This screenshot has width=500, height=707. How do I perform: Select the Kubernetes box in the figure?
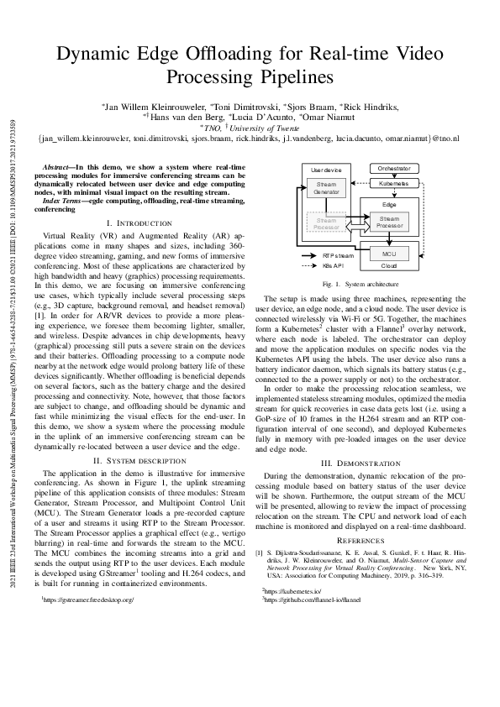[388, 182]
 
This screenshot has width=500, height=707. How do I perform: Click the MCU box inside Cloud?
[388, 253]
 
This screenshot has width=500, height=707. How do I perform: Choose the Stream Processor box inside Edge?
[389, 222]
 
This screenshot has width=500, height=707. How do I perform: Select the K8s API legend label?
[335, 265]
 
